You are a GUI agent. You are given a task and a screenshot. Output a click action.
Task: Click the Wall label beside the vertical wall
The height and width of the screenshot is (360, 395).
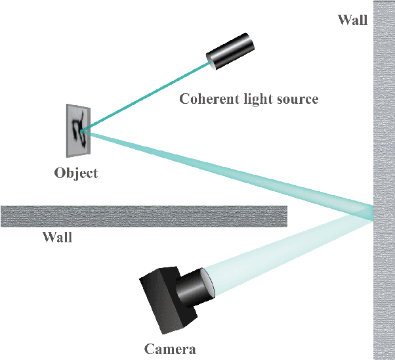click(x=352, y=19)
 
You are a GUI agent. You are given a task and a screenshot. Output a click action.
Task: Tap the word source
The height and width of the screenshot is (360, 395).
click(x=298, y=99)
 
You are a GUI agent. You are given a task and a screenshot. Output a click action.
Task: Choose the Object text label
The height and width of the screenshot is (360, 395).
click(x=75, y=173)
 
